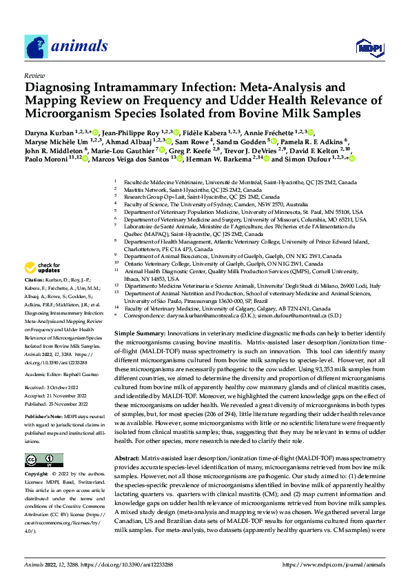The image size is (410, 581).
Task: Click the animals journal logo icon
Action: [37, 46]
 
